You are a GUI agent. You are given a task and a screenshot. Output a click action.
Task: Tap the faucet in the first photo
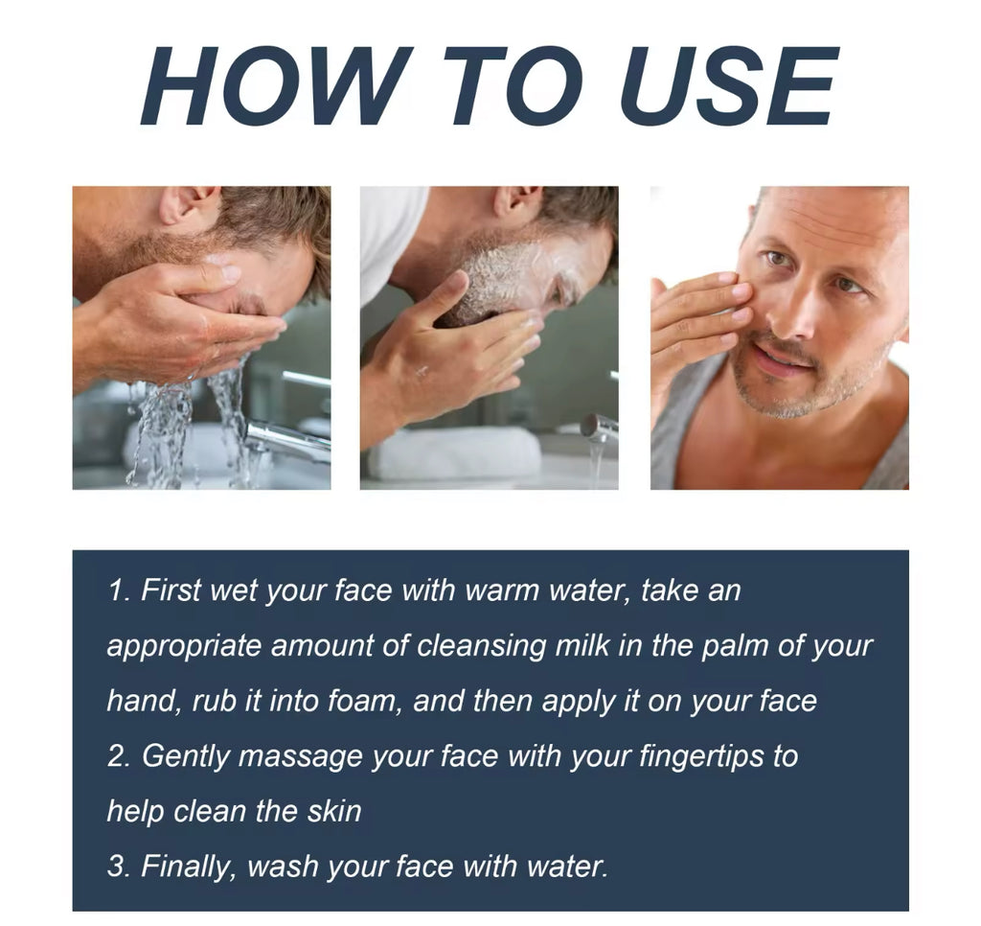(x=287, y=438)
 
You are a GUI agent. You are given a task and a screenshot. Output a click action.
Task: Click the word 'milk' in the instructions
(x=582, y=645)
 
